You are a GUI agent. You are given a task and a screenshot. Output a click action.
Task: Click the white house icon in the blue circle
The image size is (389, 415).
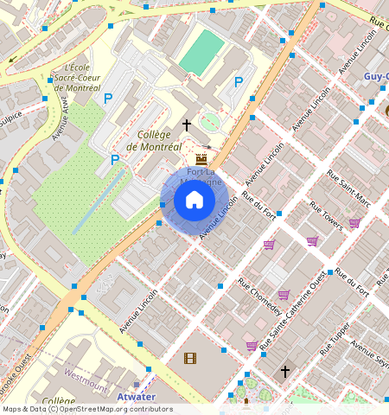point(194,201)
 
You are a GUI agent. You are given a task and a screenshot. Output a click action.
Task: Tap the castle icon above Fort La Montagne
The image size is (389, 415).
point(201,159)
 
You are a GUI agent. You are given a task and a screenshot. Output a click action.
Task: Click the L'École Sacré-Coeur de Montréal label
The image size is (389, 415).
point(77,78)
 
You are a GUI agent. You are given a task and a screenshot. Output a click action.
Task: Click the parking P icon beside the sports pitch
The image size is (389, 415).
point(238,81)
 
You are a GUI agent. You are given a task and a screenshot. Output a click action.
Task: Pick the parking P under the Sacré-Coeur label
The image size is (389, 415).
point(108,99)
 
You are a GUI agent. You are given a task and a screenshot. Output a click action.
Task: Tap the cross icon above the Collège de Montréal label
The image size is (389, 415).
point(186,125)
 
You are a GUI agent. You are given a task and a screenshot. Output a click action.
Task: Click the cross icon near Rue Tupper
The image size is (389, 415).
point(284,371)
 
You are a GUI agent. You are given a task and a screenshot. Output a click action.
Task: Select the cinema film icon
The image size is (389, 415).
point(189,358)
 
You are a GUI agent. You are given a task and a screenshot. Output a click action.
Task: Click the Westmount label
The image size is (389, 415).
point(86,378)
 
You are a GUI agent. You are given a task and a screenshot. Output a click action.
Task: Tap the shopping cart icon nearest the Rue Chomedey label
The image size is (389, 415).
point(283,295)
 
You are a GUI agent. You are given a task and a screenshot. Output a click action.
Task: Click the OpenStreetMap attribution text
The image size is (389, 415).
point(86,409)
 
